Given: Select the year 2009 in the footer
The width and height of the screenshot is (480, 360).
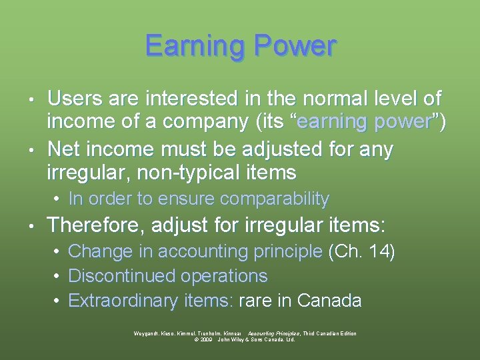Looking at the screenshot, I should click(x=206, y=339).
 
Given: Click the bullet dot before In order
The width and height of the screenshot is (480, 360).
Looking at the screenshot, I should click(x=59, y=199).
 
